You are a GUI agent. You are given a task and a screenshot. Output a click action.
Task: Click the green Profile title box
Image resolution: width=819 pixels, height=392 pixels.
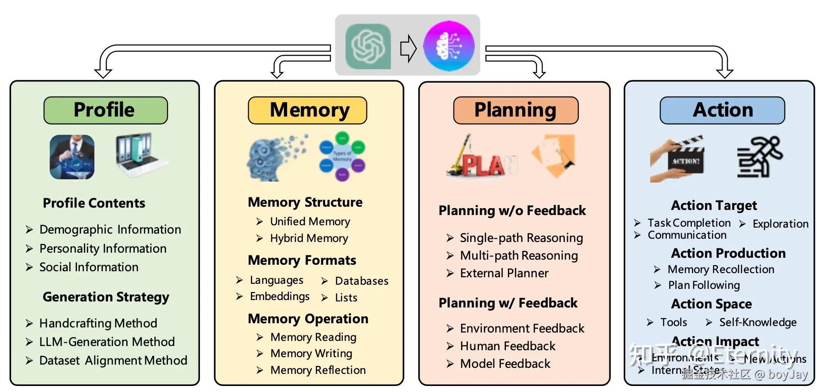[x=105, y=111]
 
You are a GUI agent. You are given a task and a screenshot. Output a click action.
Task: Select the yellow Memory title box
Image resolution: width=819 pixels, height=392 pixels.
[x=307, y=111]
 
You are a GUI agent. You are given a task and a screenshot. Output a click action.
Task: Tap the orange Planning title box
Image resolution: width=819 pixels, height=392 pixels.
[x=515, y=111]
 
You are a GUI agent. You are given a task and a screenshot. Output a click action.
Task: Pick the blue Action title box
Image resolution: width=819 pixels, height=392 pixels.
[x=722, y=111]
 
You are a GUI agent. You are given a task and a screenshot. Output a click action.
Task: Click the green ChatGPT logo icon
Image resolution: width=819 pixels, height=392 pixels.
[x=368, y=46]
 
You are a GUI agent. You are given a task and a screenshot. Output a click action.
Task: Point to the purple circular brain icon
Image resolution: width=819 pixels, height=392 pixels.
[x=448, y=46]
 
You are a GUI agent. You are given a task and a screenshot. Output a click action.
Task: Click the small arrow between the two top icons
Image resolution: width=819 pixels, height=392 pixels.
[x=408, y=48]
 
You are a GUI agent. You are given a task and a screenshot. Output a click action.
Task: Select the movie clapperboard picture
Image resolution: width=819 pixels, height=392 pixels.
[x=678, y=159]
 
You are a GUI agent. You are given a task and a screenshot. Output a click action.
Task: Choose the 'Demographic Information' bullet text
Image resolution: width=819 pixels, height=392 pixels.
[x=110, y=229]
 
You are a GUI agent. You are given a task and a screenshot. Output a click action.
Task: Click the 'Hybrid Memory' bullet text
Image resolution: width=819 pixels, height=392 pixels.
[x=309, y=238]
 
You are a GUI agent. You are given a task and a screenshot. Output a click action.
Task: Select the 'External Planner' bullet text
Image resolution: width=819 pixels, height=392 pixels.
[x=504, y=273]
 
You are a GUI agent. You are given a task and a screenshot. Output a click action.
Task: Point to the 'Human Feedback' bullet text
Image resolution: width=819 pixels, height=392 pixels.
[x=507, y=346]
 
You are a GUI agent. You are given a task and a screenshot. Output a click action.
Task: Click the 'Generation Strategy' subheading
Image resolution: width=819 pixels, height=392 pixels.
[x=106, y=297]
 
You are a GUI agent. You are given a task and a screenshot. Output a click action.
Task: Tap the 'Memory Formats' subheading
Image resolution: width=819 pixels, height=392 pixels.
[x=302, y=260]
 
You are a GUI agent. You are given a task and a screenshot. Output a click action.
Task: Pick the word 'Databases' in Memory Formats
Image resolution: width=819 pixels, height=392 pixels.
[x=362, y=281]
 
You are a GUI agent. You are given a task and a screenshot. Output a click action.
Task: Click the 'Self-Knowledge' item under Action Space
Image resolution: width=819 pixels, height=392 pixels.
[x=758, y=322]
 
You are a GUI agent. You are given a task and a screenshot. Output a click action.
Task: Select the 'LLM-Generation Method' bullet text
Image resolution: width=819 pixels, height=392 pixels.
[x=107, y=342]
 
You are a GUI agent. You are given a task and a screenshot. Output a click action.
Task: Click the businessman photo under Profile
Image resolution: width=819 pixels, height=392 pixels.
[x=72, y=157]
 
